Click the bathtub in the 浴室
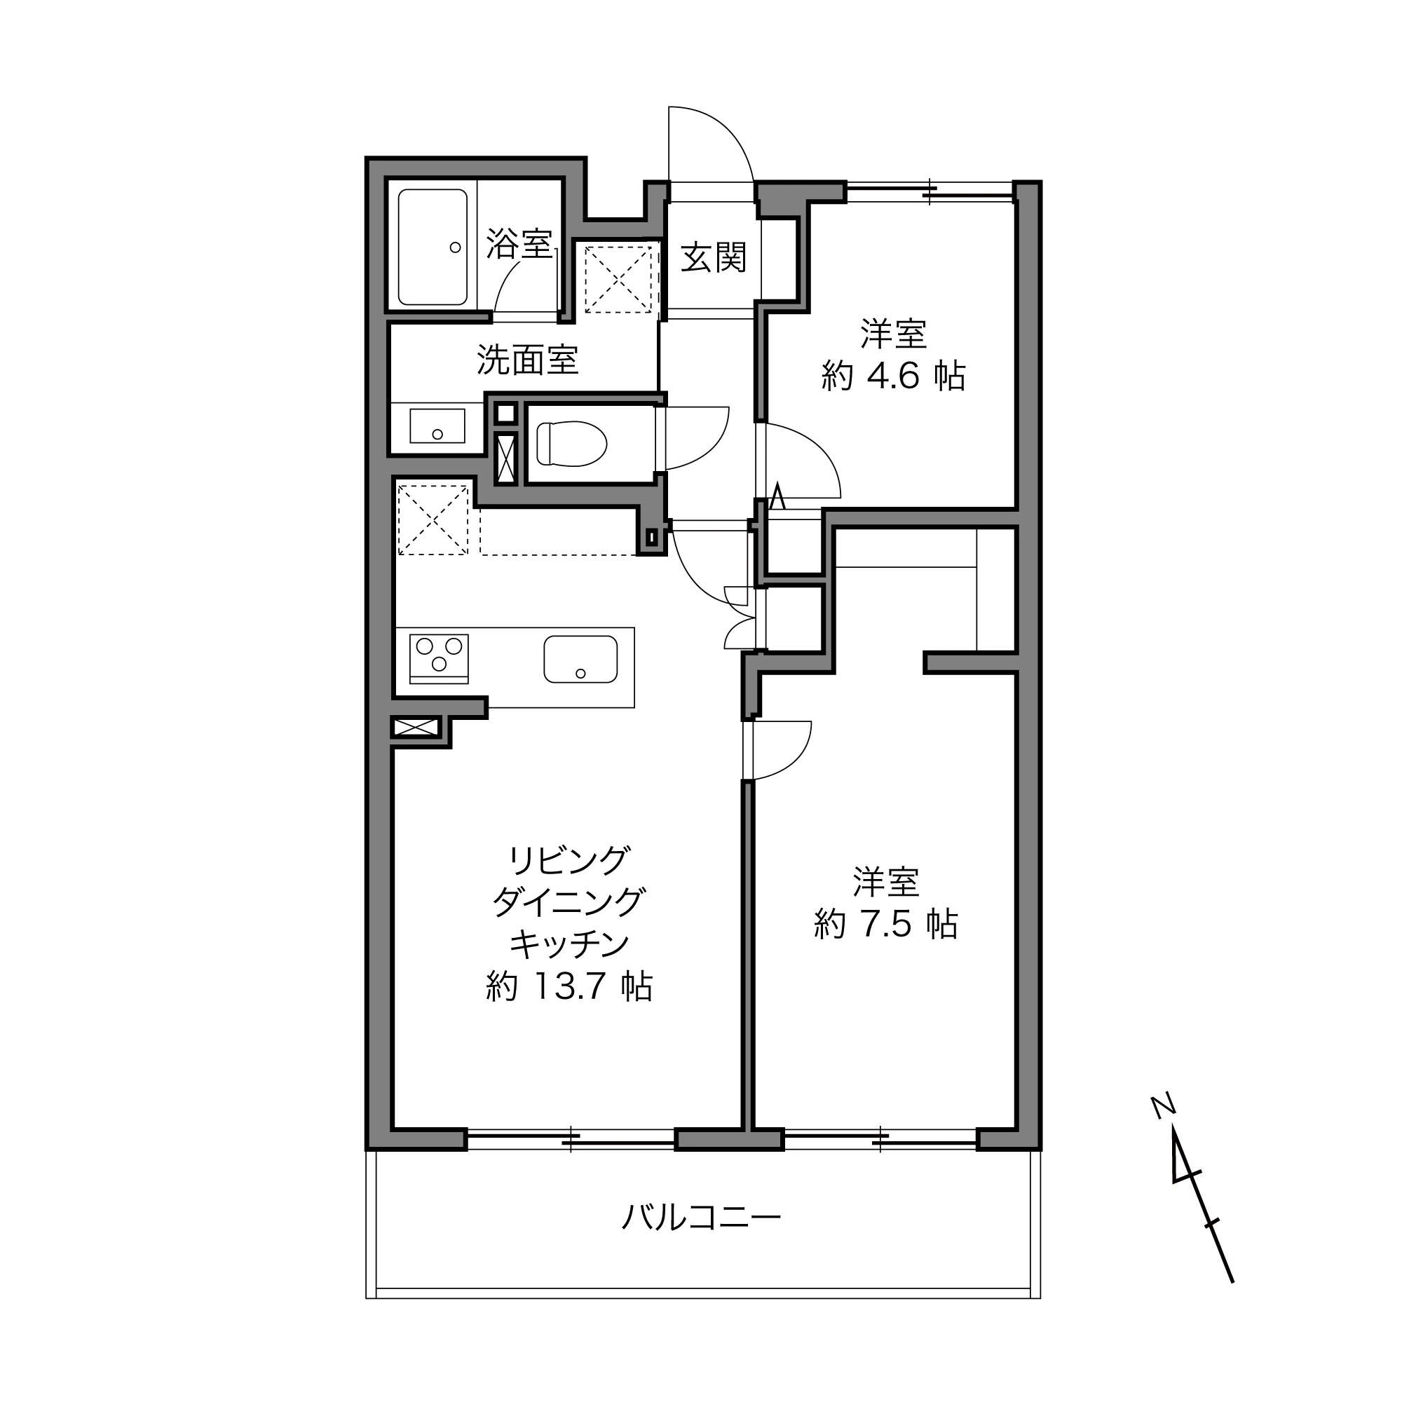433,247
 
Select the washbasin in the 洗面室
437,426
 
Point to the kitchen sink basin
580,659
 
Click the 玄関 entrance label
714,257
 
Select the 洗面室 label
527,359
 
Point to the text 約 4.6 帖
893,376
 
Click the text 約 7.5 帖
886,925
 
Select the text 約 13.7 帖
569,986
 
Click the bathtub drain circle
455,247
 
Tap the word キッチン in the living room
569,944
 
